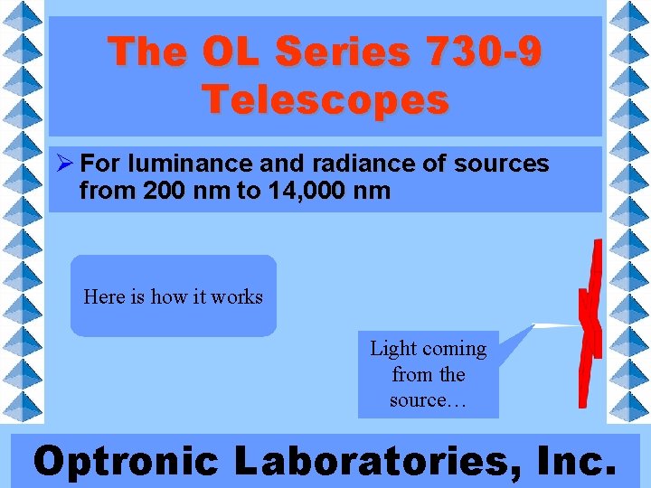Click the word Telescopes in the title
(x=325, y=99)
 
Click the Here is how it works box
(x=173, y=296)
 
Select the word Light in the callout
(x=392, y=349)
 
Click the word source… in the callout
(x=428, y=399)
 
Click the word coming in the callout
(x=453, y=349)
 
